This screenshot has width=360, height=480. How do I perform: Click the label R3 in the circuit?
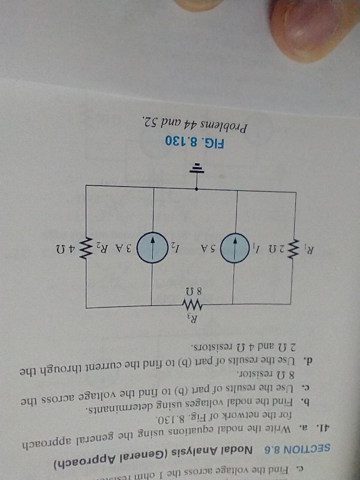click(192, 318)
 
